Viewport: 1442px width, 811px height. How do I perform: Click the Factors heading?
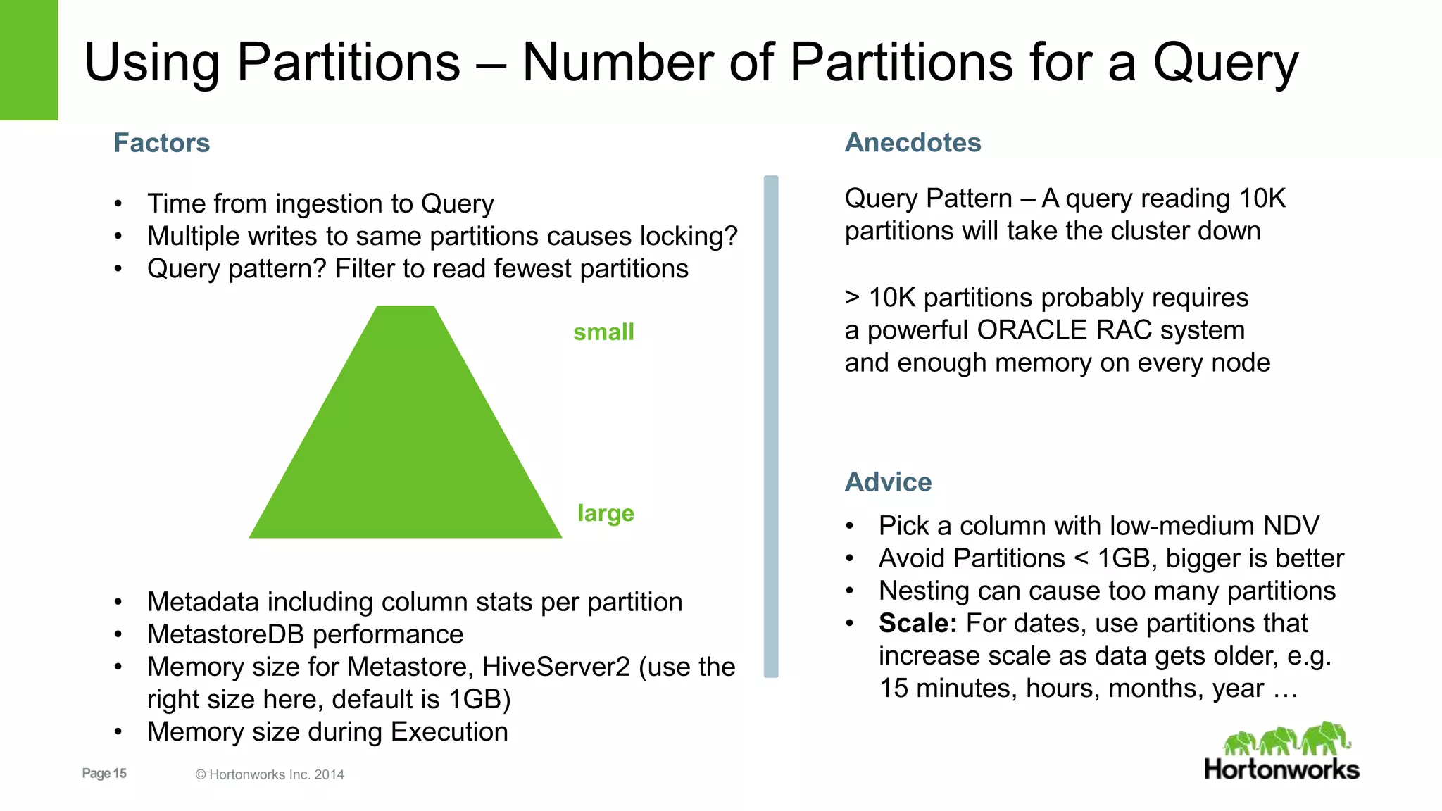(162, 143)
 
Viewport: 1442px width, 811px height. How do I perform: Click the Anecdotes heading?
(913, 143)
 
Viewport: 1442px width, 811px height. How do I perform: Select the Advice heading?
(888, 482)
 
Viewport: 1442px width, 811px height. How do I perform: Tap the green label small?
(603, 332)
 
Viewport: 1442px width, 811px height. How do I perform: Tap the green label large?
(606, 513)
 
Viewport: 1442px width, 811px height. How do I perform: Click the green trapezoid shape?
(406, 436)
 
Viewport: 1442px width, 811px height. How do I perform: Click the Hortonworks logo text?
(1281, 769)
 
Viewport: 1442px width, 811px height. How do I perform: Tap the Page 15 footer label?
(104, 773)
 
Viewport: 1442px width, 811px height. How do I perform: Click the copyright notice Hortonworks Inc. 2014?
(270, 774)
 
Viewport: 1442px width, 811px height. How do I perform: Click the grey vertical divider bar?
(771, 426)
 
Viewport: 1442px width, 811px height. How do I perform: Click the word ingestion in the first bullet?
(323, 204)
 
